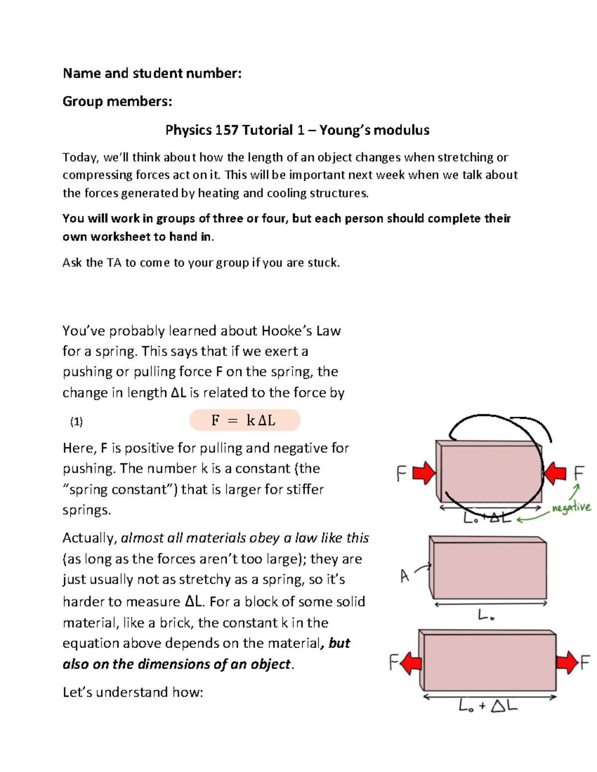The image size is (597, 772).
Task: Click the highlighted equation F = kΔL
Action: click(x=244, y=421)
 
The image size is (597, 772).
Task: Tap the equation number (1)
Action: click(x=76, y=422)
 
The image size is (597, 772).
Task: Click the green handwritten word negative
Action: click(x=571, y=508)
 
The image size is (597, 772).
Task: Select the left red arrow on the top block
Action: click(x=424, y=473)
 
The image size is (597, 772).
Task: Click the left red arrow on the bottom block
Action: click(x=411, y=663)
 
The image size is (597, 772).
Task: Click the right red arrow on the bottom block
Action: click(x=567, y=663)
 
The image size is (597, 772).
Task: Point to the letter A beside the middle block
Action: click(x=404, y=576)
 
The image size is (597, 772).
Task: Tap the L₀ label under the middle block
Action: click(x=486, y=616)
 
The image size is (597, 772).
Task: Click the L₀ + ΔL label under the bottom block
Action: click(x=488, y=706)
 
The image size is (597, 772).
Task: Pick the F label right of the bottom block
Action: click(x=585, y=663)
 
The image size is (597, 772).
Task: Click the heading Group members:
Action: click(x=117, y=101)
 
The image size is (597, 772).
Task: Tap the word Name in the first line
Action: click(x=82, y=74)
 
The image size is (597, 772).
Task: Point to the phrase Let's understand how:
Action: click(x=133, y=692)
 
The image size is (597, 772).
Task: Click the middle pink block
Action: click(x=490, y=570)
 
